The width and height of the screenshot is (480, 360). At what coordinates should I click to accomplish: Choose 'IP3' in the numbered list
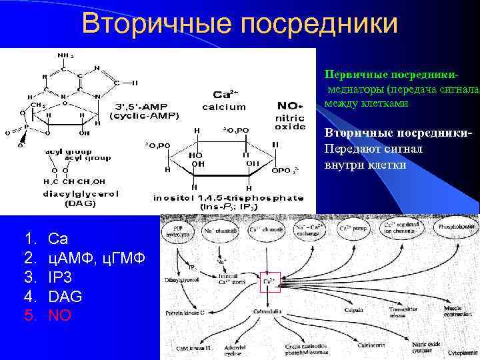tap(61, 276)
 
